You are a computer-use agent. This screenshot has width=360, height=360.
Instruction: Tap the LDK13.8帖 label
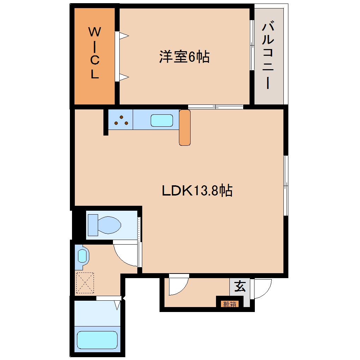(197, 191)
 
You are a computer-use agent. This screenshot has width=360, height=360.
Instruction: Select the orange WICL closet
(94, 56)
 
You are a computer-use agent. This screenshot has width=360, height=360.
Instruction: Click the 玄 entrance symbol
(240, 286)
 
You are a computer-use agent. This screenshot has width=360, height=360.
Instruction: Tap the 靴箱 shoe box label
(229, 304)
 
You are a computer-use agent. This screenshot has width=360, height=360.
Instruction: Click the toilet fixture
(104, 224)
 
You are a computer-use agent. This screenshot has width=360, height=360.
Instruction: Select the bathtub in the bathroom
(97, 340)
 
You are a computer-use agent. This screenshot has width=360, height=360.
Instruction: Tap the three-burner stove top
(120, 120)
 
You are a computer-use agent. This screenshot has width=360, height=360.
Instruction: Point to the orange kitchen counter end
(185, 127)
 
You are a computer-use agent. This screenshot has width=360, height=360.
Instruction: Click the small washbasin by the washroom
(82, 255)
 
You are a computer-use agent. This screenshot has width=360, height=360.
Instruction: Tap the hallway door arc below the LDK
(179, 284)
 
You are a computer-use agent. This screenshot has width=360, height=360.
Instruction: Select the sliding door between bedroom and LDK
(215, 107)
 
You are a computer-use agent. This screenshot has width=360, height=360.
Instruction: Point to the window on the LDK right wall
(286, 185)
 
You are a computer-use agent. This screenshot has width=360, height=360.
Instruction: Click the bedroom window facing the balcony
(252, 45)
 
